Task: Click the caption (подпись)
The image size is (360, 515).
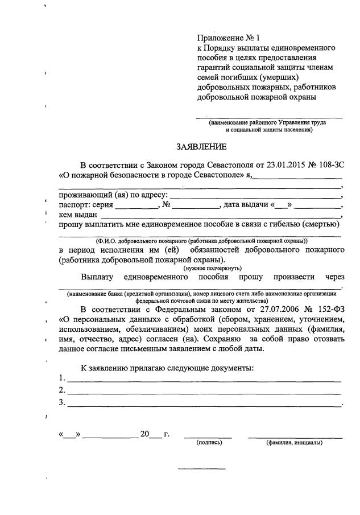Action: point(209,442)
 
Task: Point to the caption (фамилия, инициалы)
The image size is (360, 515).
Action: point(294,442)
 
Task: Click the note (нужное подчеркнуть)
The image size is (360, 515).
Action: point(212,267)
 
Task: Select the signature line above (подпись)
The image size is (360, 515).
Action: point(208,436)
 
